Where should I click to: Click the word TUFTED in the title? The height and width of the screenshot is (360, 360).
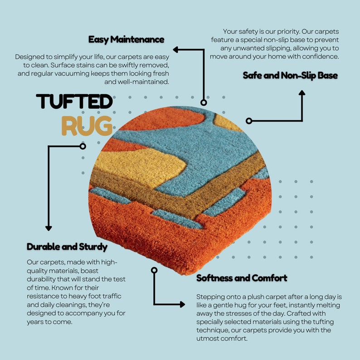pos(74,101)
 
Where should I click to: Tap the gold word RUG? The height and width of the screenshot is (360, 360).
pos(87,126)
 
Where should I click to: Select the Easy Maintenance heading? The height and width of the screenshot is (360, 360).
pos(126,39)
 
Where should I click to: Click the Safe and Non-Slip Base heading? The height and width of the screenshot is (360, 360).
pos(290,76)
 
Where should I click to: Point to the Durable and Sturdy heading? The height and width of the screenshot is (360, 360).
pos(67,247)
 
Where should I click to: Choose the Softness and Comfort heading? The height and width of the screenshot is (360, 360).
pos(242,278)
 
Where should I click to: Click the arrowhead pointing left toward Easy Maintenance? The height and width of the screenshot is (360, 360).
pos(175,49)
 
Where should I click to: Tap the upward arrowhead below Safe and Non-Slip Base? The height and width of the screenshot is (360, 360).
pos(302,93)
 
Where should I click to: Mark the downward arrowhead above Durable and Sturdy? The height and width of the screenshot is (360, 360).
pos(49,228)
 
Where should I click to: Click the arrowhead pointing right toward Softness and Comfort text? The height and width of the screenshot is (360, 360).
pos(183,304)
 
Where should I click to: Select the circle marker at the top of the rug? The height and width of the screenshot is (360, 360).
pos(204,102)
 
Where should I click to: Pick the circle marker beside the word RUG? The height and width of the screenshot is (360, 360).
pos(83,146)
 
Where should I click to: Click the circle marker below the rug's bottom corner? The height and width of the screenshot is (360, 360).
pos(154,270)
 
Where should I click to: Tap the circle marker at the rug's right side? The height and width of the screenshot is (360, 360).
pos(249,121)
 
